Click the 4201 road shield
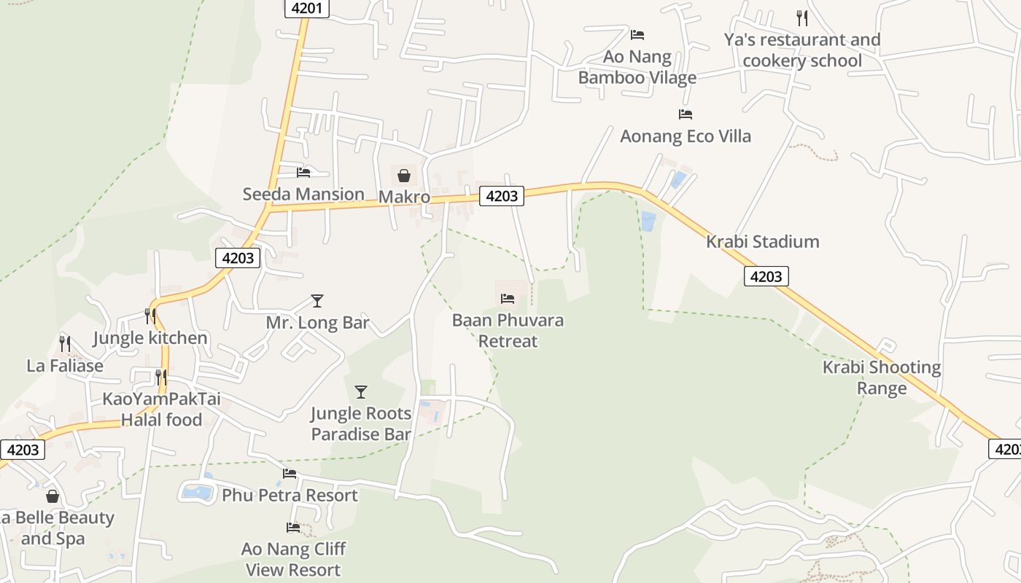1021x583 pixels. coord(307,8)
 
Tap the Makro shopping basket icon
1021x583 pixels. coord(403,176)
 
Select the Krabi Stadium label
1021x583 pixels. coord(762,241)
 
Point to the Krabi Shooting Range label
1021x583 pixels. coord(881,377)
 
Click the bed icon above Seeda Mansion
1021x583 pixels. coord(303,173)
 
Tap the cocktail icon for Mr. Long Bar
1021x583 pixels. coord(317,300)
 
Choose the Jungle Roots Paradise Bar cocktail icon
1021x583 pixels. coord(360,392)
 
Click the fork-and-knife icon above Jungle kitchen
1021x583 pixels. coord(150,316)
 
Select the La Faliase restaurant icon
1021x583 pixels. coord(65,343)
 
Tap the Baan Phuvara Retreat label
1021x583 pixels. coord(508,331)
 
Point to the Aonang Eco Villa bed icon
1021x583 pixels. coord(685,114)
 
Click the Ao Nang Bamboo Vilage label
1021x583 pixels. coord(637,67)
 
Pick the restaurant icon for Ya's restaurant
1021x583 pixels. coord(801,17)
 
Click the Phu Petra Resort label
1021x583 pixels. coord(290,496)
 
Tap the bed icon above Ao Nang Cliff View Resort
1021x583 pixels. coord(293,527)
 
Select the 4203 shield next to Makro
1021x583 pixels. coord(501,195)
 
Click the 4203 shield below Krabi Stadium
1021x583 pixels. coord(766,276)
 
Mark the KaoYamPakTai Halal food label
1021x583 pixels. coord(161,410)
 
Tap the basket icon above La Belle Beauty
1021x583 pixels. coord(53,496)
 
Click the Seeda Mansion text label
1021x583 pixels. coord(303,195)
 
